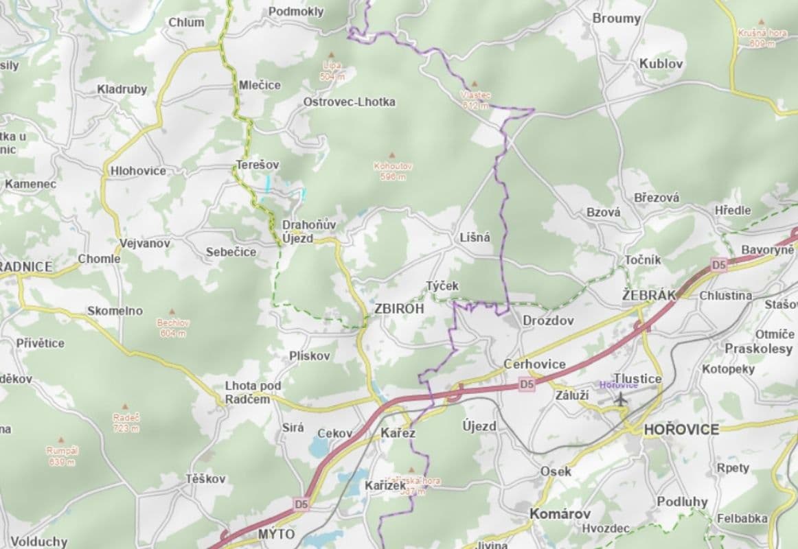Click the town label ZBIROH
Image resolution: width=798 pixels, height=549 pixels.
click(x=400, y=309)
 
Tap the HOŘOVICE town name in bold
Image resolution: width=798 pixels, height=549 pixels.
click(x=681, y=430)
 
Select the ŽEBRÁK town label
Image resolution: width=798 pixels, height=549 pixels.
click(x=649, y=294)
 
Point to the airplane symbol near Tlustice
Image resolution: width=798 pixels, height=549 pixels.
click(x=622, y=399)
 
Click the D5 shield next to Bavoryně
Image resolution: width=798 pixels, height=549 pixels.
click(x=718, y=264)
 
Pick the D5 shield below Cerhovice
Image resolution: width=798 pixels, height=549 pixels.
click(x=526, y=385)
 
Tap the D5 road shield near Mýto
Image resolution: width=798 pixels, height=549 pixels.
click(x=301, y=504)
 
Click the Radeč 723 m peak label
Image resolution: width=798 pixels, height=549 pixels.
click(x=126, y=422)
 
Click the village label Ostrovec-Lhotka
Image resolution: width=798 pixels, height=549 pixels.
click(x=349, y=102)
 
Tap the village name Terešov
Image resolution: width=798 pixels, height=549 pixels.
click(x=258, y=165)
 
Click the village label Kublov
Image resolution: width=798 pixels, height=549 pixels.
click(x=661, y=63)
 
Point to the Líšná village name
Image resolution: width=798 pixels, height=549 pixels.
click(x=475, y=237)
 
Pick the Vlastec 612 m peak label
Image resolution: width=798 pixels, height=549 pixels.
click(x=475, y=100)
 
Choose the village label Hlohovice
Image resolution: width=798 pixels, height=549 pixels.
click(x=138, y=170)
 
